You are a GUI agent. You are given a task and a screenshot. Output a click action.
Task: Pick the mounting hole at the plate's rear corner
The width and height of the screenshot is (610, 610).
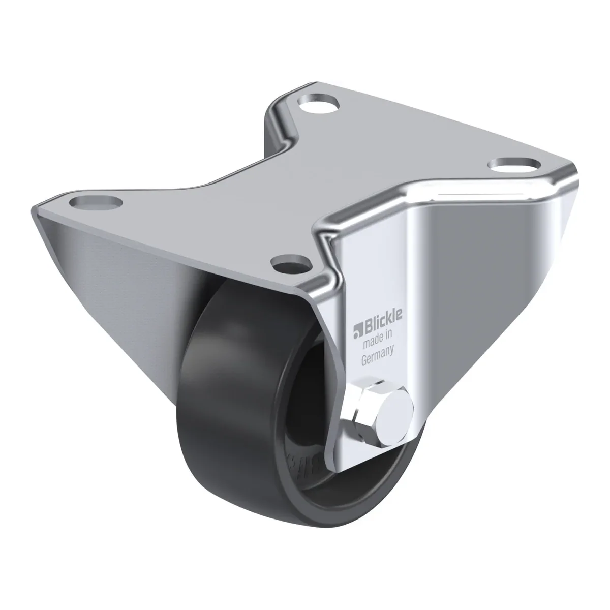(319, 104)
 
